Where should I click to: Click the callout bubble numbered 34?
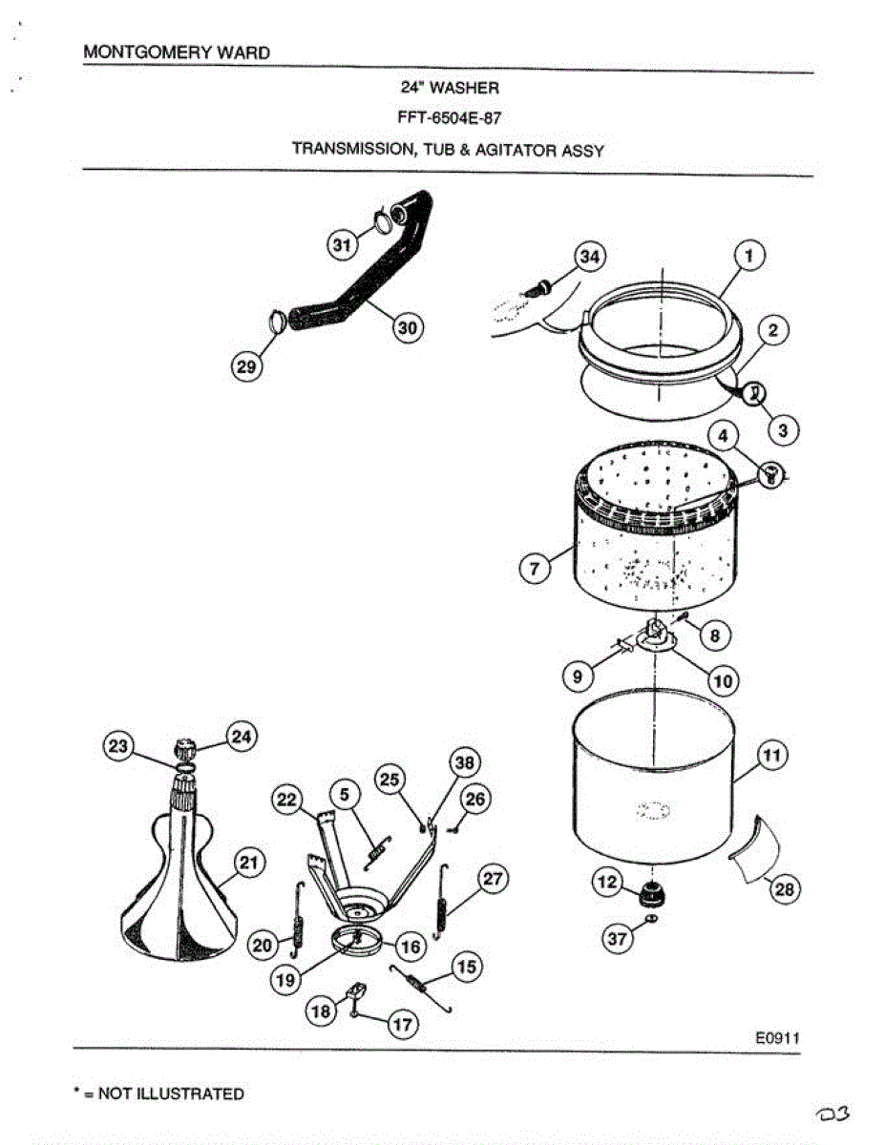590,257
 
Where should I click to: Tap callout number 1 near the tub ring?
750,256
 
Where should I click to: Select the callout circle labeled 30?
408,327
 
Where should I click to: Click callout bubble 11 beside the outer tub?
771,756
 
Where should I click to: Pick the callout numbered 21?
248,864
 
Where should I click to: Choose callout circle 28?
784,889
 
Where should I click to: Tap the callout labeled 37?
618,940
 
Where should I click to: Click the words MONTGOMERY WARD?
177,52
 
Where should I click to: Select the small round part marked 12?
650,896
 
